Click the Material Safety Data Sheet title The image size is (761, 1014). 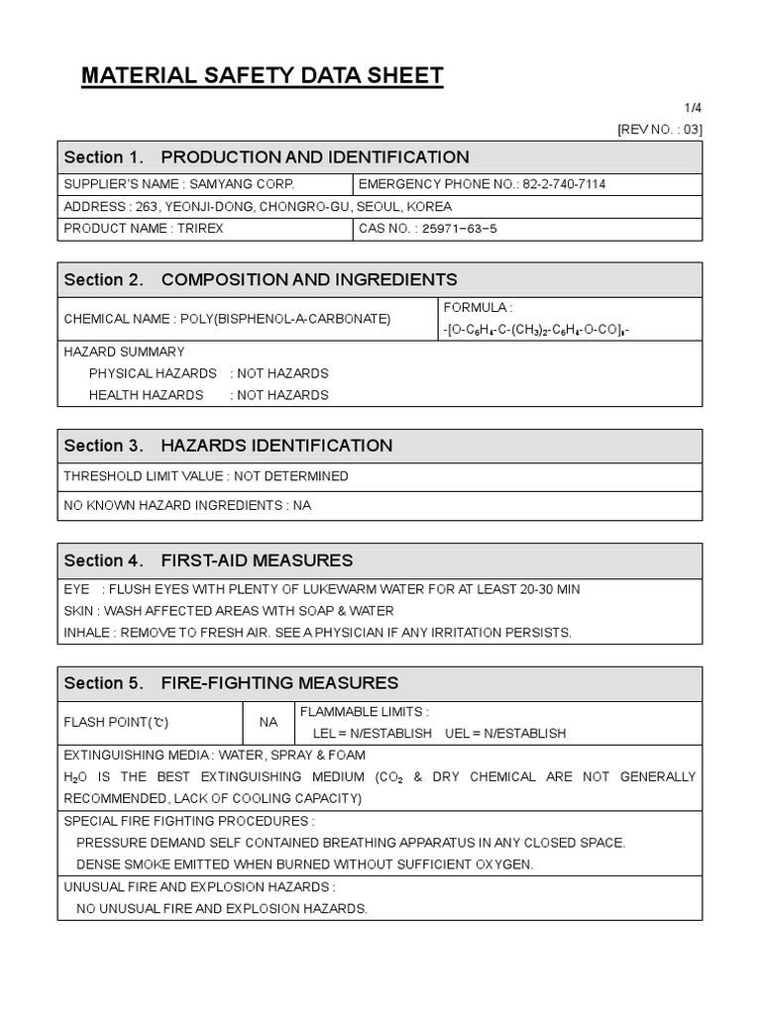coord(262,76)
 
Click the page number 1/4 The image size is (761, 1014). coord(693,108)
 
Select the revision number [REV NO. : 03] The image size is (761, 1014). coord(659,129)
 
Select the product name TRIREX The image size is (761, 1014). coord(201,229)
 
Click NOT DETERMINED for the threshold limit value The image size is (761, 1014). coord(291,476)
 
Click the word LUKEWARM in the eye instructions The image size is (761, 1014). coord(340,589)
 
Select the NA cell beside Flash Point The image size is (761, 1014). coord(269,722)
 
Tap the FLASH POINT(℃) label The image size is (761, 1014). coord(116,722)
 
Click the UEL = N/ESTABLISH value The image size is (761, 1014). coord(506,734)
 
